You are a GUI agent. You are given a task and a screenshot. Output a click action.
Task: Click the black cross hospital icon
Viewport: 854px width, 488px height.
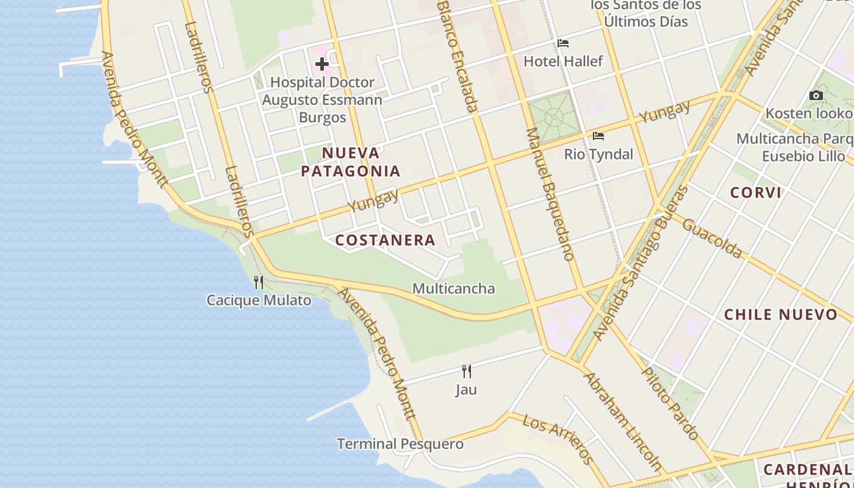322,64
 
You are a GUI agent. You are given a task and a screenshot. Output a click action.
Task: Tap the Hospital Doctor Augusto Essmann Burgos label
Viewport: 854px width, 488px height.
322,99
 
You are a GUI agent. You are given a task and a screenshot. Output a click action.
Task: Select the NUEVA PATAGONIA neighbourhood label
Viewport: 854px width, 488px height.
350,162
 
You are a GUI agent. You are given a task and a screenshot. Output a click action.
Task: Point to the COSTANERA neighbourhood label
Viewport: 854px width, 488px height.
386,240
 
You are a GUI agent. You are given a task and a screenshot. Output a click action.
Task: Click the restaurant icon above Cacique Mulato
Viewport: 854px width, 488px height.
259,282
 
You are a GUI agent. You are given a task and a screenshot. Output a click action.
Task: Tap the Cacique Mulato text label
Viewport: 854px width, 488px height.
259,300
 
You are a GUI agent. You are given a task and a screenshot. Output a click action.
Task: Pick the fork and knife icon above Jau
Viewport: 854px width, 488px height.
466,371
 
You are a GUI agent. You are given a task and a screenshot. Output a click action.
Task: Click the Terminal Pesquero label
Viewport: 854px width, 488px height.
400,444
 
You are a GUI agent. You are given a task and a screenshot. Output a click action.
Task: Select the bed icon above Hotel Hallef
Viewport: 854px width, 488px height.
563,43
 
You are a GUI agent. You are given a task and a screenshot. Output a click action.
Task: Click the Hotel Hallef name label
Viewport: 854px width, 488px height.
563,61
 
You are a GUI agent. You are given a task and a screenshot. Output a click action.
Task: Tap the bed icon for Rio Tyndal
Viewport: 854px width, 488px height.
598,136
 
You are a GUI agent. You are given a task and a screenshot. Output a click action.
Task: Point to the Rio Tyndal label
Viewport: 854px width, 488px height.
598,154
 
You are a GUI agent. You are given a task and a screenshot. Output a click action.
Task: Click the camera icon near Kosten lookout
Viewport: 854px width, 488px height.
816,95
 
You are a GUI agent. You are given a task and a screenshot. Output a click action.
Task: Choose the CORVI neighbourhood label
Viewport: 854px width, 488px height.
756,193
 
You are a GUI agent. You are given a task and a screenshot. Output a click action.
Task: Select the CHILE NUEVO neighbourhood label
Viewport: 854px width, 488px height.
780,315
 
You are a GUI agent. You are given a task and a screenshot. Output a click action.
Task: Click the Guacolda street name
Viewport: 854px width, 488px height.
712,238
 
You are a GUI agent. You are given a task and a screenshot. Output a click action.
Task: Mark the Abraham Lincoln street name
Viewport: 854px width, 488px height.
622,421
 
